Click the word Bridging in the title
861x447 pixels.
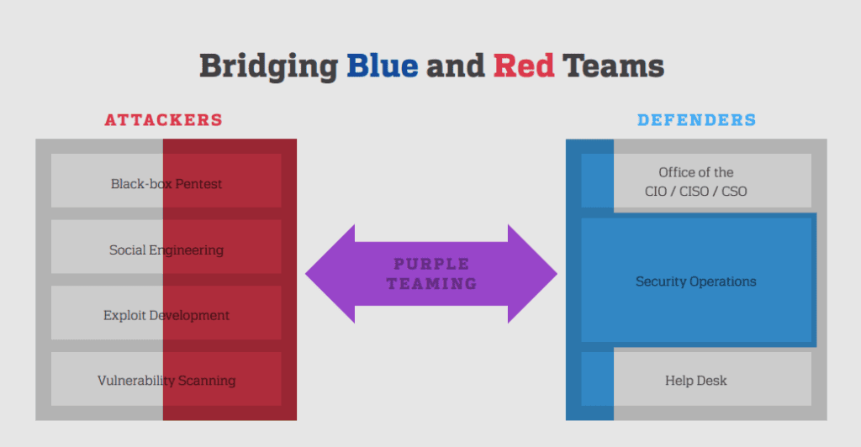(268, 67)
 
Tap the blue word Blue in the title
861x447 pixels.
(383, 66)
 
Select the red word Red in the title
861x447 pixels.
(524, 66)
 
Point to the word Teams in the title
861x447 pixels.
(613, 66)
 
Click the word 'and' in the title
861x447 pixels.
(455, 66)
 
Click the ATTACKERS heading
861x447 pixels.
(164, 120)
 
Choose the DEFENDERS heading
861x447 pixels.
(696, 120)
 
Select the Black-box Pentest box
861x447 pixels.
(166, 181)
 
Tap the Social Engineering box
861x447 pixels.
(166, 247)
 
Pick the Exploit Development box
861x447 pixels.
(166, 313)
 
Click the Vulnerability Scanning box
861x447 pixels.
(166, 379)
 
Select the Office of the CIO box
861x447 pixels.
(696, 181)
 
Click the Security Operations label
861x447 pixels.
(695, 281)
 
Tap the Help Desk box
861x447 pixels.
(696, 379)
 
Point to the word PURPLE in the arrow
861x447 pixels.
(431, 264)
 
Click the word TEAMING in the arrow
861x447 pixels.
(431, 283)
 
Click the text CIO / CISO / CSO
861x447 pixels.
(695, 192)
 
